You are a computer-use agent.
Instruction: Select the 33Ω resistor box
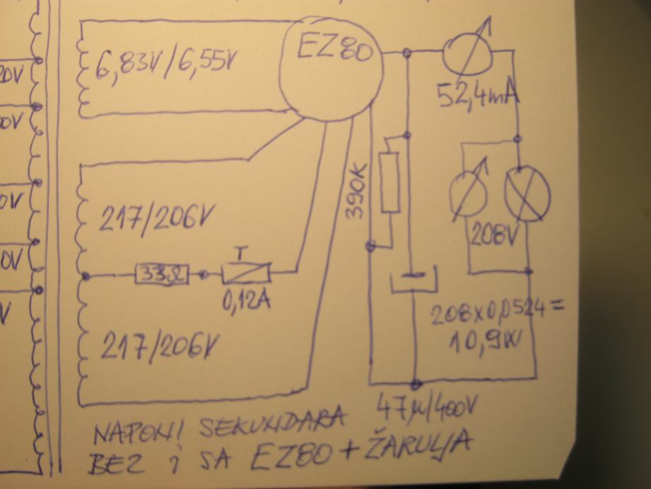pyautogui.click(x=161, y=274)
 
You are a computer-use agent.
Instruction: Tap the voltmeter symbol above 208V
pyautogui.click(x=469, y=189)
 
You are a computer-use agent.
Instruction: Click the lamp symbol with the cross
pyautogui.click(x=526, y=191)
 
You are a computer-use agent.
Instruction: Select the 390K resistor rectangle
pyautogui.click(x=390, y=181)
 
